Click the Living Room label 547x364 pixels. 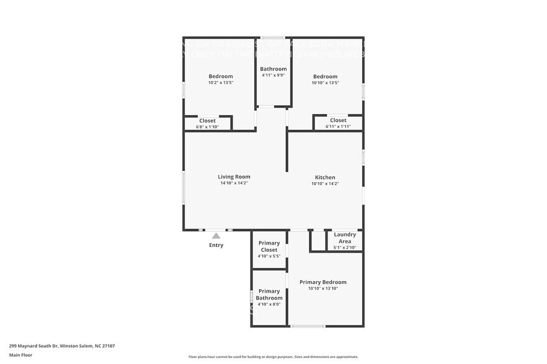point(234,176)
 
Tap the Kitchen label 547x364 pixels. point(325,177)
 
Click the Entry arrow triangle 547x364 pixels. point(216,235)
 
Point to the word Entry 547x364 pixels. point(216,245)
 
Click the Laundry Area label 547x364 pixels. point(345,238)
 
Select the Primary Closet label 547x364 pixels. point(269,246)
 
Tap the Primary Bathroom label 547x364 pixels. point(269,295)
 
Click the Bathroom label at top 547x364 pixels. point(273,69)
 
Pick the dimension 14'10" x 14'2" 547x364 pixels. point(234,183)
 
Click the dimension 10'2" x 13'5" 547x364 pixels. point(221,82)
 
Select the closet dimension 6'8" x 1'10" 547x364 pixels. point(207,127)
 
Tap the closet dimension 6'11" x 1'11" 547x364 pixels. point(338,127)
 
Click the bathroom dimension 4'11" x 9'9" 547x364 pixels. point(273,76)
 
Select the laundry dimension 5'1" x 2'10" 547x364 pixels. point(345,248)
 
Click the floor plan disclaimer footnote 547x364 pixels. point(273,357)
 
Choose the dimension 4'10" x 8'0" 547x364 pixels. point(269,304)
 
